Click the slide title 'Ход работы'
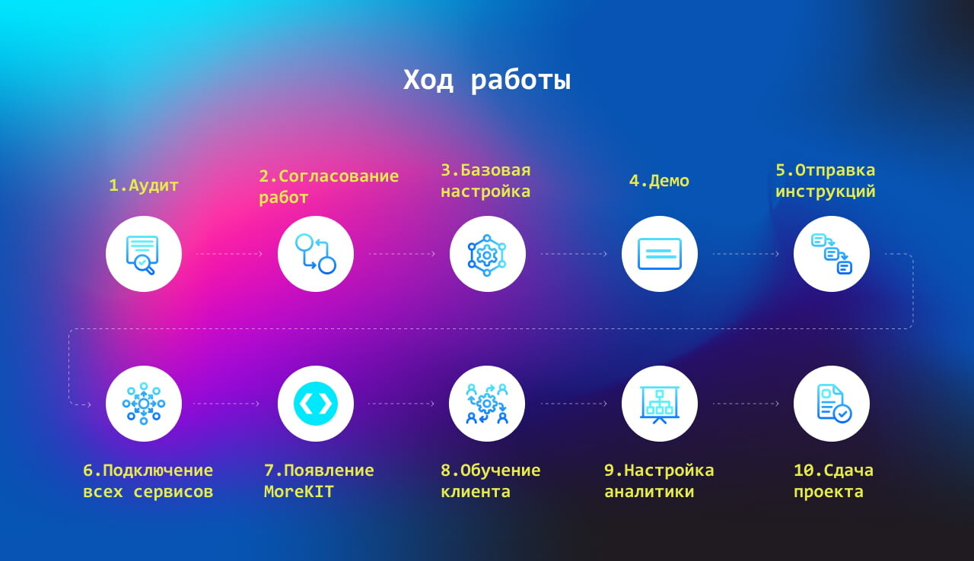(x=486, y=81)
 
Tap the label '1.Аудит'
(x=144, y=185)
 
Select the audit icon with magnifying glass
(x=142, y=255)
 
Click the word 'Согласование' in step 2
(x=339, y=176)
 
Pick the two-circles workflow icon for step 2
(x=316, y=254)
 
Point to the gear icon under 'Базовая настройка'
(x=487, y=255)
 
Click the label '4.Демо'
(x=659, y=181)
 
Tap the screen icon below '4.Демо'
(x=659, y=254)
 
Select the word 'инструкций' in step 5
(x=826, y=192)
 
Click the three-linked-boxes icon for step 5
(x=832, y=254)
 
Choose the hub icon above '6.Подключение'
(x=144, y=404)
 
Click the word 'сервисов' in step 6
(x=173, y=492)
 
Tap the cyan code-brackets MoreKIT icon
(x=316, y=404)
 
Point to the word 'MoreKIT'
(x=299, y=492)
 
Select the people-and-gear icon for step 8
(x=487, y=404)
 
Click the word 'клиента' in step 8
(x=476, y=492)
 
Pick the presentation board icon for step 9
(x=659, y=404)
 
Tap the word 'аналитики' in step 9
(x=649, y=492)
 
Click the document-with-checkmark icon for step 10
(x=833, y=404)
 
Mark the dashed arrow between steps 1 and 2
(x=229, y=254)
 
